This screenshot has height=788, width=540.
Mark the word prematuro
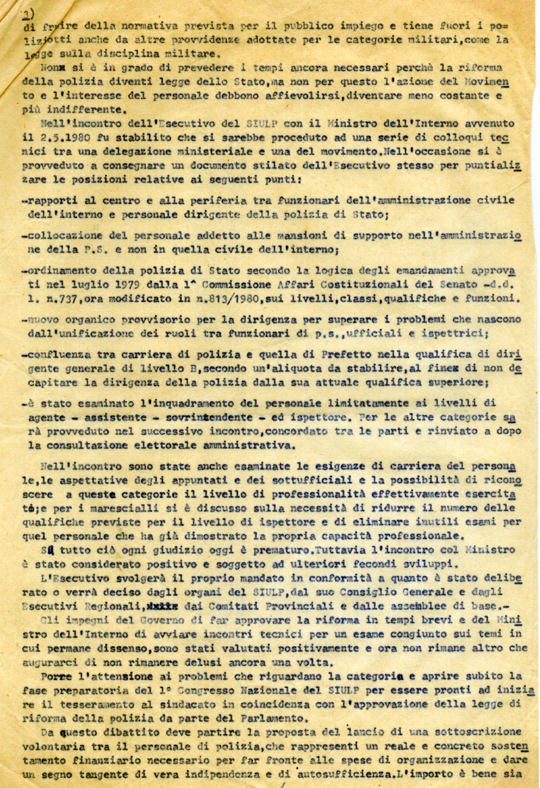coord(247,550)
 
